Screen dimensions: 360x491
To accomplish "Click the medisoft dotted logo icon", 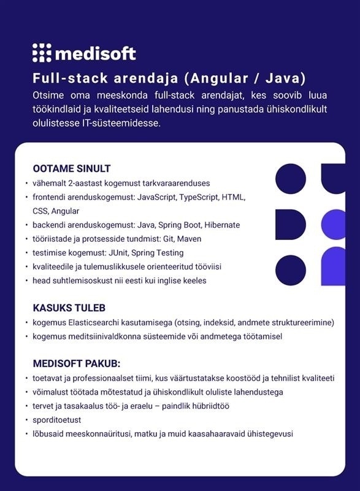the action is coord(41,53).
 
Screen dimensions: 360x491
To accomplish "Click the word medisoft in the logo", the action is coord(95,54).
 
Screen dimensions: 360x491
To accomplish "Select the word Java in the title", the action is coord(281,79).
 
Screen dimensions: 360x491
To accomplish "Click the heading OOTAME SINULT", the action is coord(71,169).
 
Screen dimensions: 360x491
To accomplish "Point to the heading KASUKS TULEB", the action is coord(69,307).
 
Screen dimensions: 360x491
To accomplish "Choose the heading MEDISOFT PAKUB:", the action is coord(76,363).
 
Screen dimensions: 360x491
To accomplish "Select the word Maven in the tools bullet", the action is coord(189,239).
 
